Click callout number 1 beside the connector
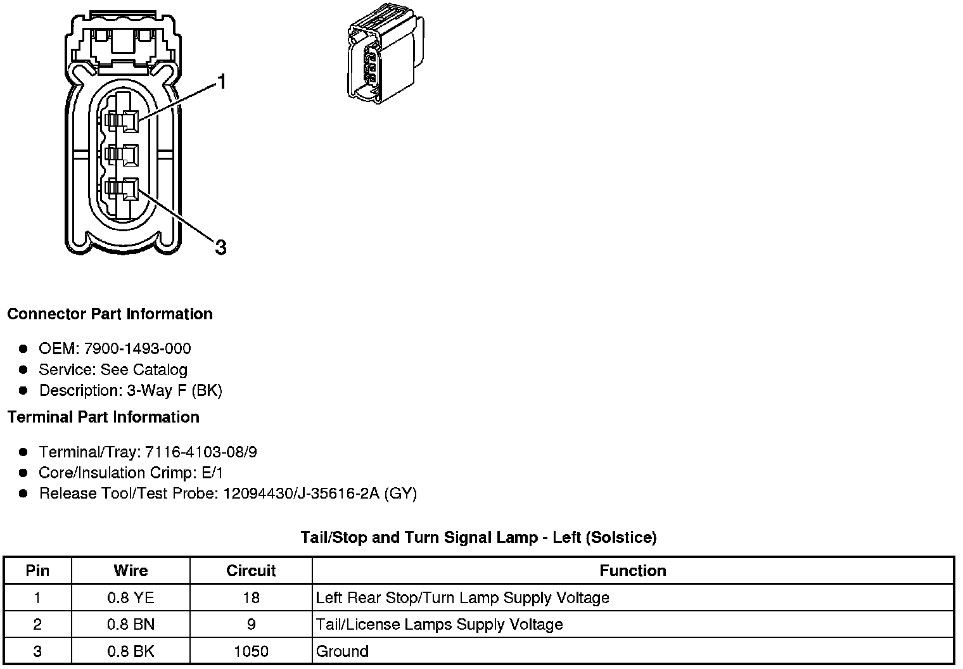click(221, 82)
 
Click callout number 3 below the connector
click(220, 247)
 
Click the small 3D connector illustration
click(385, 56)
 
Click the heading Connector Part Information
click(110, 314)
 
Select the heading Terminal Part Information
click(103, 417)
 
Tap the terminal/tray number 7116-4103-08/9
click(201, 452)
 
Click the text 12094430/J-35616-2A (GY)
click(320, 494)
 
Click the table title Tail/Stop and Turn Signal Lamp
click(478, 538)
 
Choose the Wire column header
click(131, 571)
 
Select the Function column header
click(632, 571)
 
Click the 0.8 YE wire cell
click(131, 597)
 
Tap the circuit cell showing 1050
click(251, 651)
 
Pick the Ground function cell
click(342, 651)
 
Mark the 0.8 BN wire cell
click(131, 625)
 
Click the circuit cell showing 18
click(251, 597)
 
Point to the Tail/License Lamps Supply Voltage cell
click(439, 625)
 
